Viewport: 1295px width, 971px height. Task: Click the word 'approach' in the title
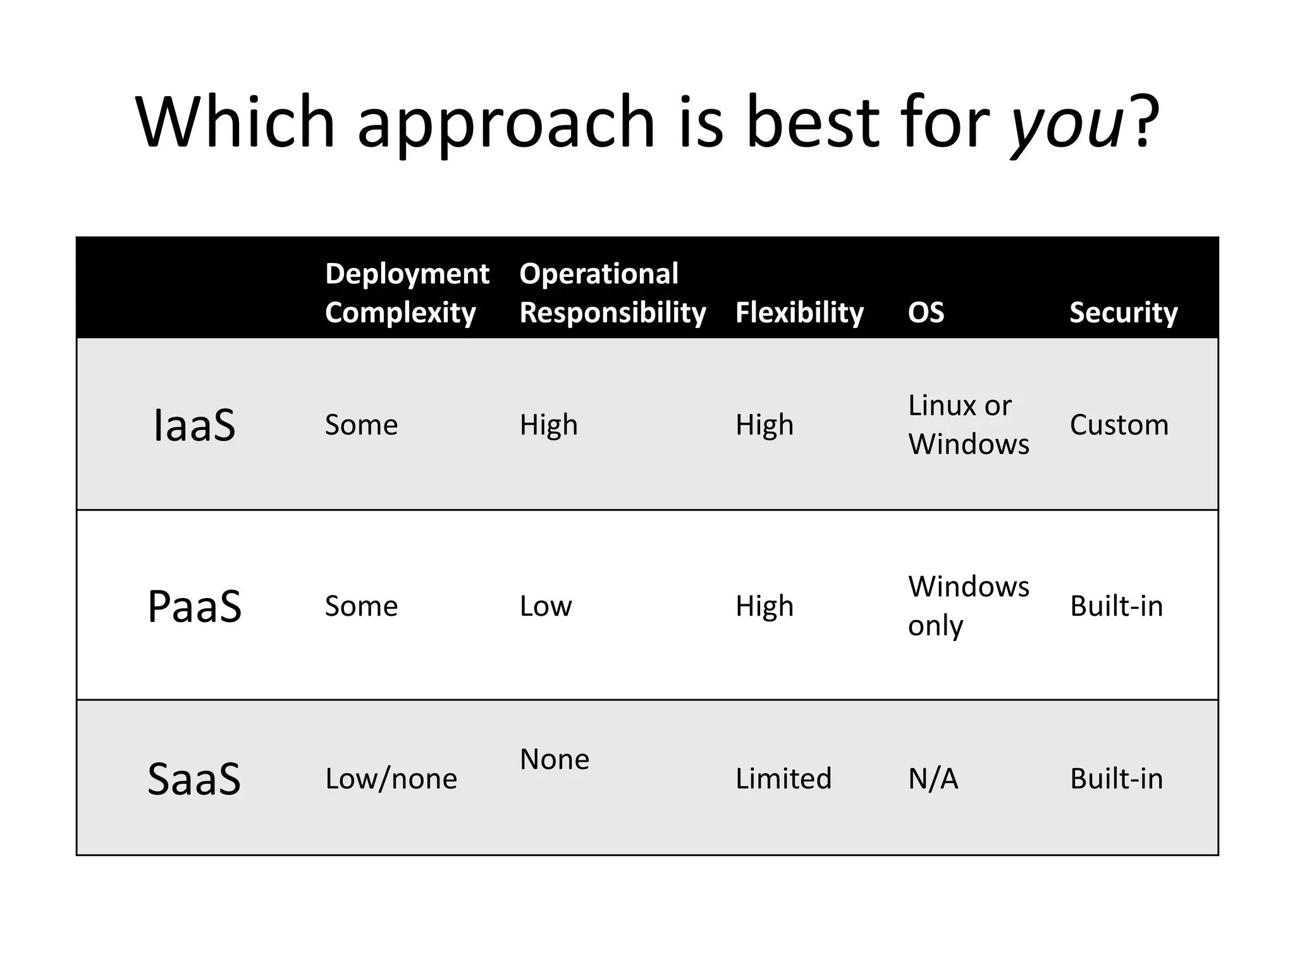506,123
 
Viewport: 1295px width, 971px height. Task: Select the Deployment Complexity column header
407,293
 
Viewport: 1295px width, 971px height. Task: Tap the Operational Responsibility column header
612,293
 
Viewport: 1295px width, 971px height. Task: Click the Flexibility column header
799,312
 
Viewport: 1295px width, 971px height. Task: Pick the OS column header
926,312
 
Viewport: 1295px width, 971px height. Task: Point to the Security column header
1124,312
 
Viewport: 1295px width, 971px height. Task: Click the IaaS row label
195,425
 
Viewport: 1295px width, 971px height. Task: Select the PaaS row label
195,606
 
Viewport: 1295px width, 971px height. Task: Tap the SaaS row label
195,778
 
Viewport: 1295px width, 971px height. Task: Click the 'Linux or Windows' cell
968,424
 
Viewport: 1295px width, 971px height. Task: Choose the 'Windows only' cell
968,606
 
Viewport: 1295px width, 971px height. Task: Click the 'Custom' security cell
1119,425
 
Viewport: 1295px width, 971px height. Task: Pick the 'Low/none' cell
391,779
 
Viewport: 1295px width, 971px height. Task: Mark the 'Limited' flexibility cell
783,778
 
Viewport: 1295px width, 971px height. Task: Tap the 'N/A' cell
933,778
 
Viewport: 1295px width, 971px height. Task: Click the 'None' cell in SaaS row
554,759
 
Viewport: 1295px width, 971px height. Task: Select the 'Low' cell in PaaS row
545,606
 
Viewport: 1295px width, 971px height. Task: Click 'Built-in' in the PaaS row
1116,606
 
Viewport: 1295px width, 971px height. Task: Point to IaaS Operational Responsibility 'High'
548,425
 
